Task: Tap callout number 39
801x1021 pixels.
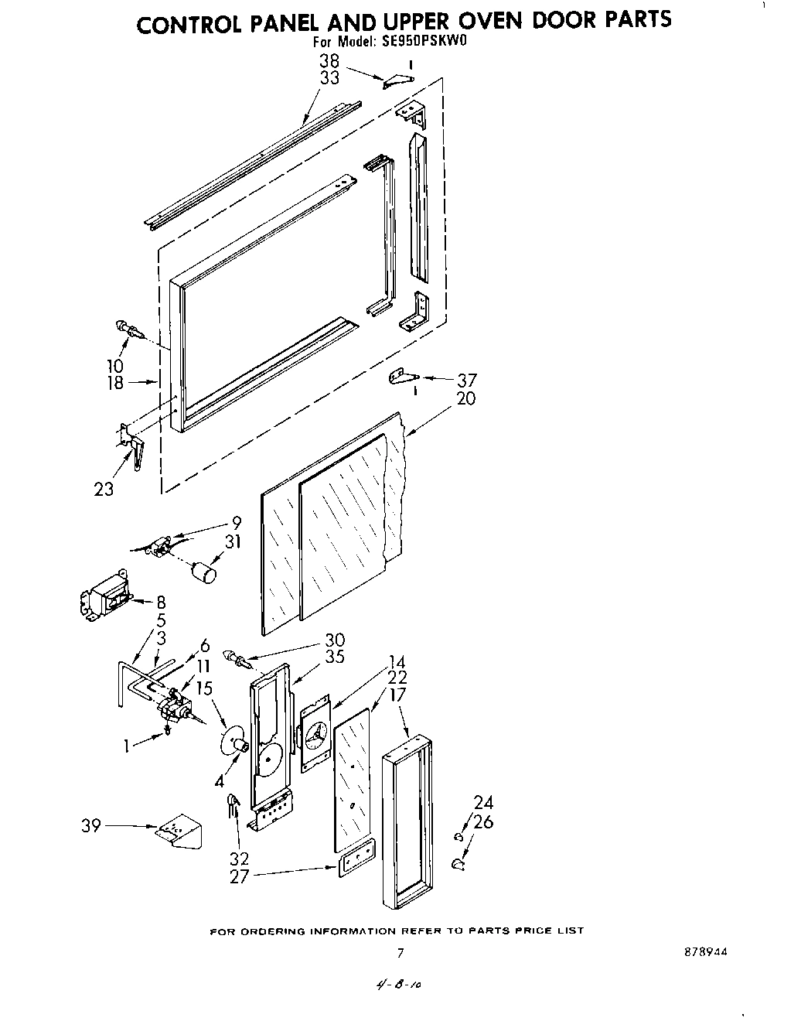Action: pyautogui.click(x=91, y=827)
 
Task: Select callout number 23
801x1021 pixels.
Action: pyautogui.click(x=104, y=489)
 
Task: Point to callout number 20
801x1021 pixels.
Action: pyautogui.click(x=466, y=398)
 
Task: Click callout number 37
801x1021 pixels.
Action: pyautogui.click(x=466, y=380)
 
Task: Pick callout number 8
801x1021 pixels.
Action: pyautogui.click(x=161, y=602)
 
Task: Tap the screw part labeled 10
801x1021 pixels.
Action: pyautogui.click(x=131, y=330)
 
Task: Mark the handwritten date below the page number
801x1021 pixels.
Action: pyautogui.click(x=400, y=984)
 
